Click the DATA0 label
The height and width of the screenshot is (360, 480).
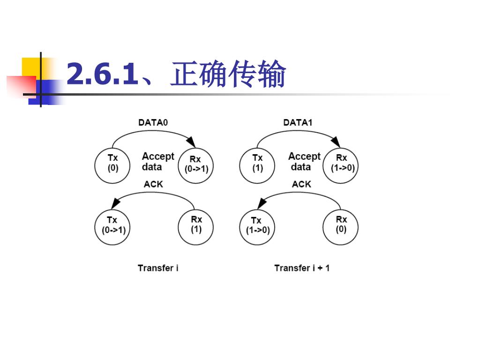[153, 122]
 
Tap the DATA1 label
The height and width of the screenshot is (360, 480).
[298, 122]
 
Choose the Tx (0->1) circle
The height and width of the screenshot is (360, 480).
[113, 228]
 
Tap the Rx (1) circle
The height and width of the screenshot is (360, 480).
[196, 228]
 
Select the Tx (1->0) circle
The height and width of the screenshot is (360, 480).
[257, 228]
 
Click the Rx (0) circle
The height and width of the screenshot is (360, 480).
[341, 228]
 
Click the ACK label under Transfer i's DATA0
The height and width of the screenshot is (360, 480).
[153, 184]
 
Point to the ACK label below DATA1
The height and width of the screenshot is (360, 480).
[301, 184]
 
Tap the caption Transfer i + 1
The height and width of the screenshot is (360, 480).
[302, 268]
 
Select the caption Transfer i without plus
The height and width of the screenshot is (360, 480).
[158, 268]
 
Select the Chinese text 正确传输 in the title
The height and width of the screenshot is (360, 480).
[228, 75]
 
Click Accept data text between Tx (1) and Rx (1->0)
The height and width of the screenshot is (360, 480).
[304, 162]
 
